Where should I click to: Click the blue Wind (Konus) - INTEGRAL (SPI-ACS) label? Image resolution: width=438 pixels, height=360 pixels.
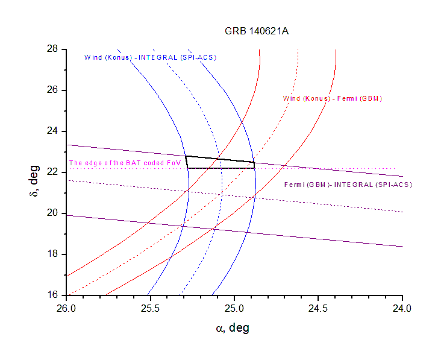[x=150, y=57]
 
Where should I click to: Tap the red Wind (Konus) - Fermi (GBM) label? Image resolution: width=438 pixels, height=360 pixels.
[x=333, y=98]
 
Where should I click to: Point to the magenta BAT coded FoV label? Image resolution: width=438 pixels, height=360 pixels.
[x=125, y=163]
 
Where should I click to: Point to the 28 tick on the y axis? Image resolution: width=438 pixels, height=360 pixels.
[x=53, y=49]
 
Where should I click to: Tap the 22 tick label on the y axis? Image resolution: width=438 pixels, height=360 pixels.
[x=53, y=172]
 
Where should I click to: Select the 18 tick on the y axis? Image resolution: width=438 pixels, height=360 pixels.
[x=53, y=254]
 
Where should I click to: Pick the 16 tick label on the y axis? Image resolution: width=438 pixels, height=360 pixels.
[x=53, y=295]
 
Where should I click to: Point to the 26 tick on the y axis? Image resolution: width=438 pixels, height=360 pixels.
[x=53, y=90]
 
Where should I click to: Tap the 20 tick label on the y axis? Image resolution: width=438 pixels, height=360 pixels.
[x=53, y=213]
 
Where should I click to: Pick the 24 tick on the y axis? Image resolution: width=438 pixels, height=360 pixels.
[x=53, y=131]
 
